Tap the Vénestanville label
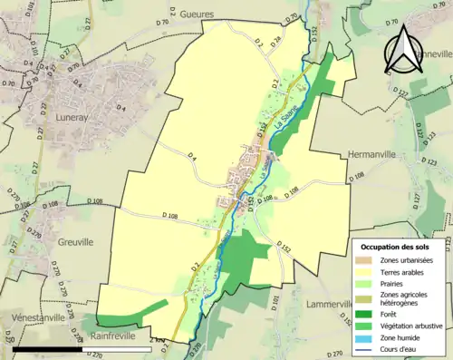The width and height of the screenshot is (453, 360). click(x=39, y=317)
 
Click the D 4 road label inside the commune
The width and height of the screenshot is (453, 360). click(x=193, y=159)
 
